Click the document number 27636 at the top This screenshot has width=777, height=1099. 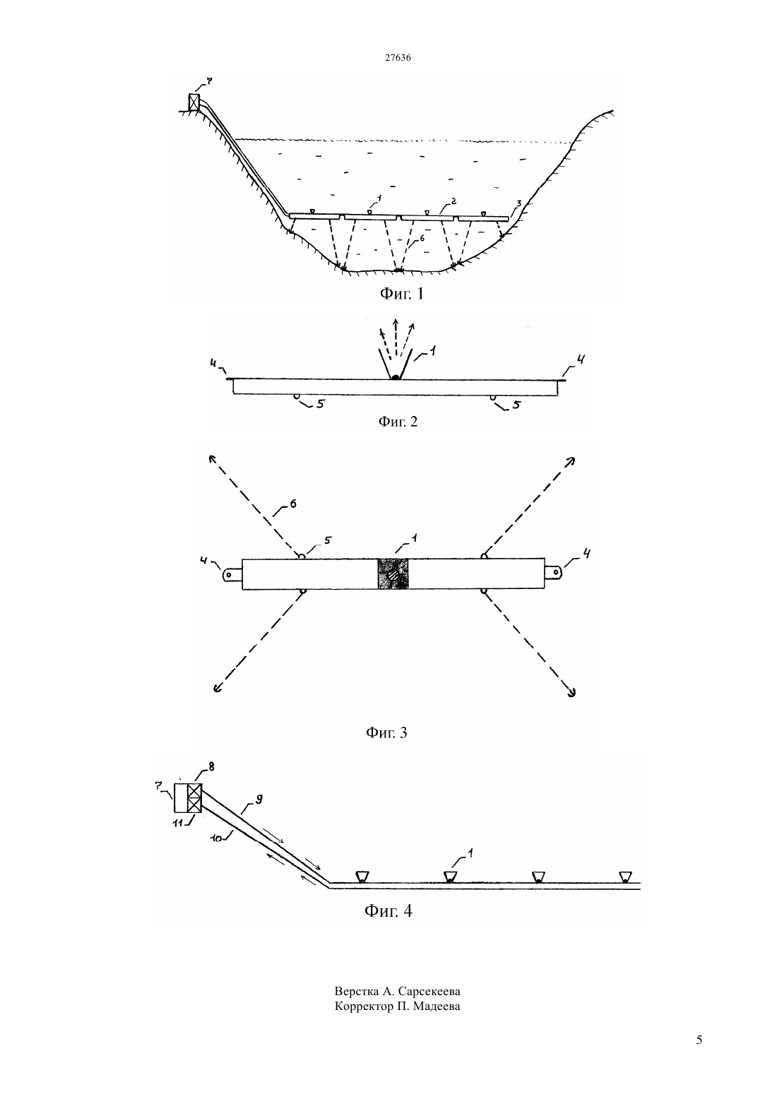click(398, 57)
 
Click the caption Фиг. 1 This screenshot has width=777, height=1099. click(401, 293)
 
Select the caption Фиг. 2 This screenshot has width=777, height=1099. click(398, 422)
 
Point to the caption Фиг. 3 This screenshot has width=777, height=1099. click(386, 732)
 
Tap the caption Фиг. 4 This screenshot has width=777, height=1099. click(388, 910)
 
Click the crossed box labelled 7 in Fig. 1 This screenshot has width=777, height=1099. click(194, 102)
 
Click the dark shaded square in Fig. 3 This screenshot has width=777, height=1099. click(393, 574)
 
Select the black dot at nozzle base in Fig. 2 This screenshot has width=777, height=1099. click(396, 376)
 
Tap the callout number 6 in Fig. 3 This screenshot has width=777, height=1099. click(293, 504)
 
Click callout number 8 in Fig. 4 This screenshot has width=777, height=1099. click(211, 767)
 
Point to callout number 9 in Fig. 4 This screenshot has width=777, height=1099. click(259, 800)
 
